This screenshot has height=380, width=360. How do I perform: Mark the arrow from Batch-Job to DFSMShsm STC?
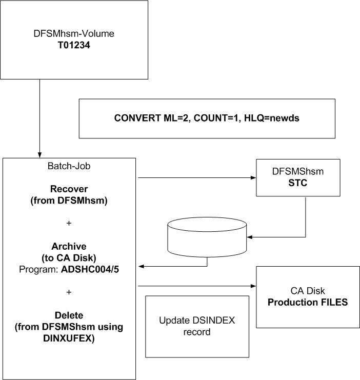click(195, 178)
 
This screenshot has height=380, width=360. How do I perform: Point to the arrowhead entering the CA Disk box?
click(253, 286)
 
